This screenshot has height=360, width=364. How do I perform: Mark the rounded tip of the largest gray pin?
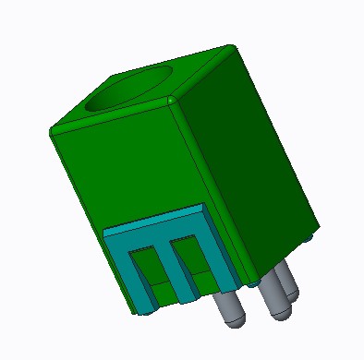coord(278,312)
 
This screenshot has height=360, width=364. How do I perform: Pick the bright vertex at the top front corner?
coord(172,99)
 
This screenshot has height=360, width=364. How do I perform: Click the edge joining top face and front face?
coord(111,116)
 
